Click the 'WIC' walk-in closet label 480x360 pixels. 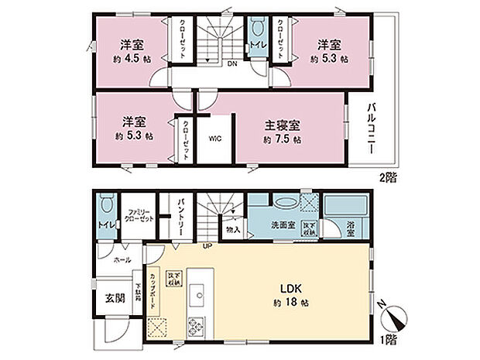(x=215, y=141)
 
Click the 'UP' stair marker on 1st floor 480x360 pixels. (x=207, y=246)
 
